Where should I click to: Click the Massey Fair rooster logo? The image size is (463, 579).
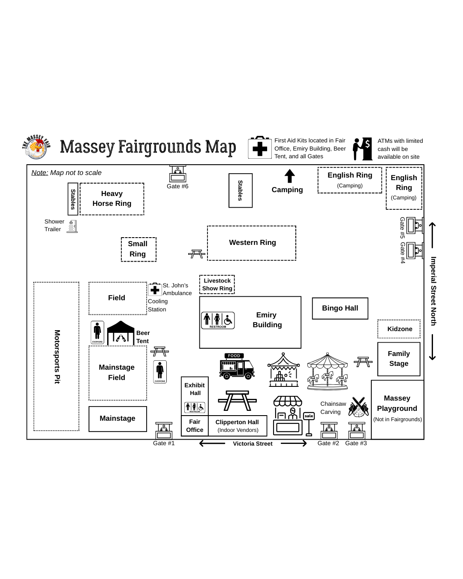[x=36, y=147]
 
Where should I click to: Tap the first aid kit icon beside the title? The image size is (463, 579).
[x=260, y=148]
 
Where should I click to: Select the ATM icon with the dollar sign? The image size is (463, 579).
[x=362, y=149]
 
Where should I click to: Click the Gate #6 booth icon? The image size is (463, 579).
[x=177, y=174]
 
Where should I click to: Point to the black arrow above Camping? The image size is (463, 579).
[x=290, y=176]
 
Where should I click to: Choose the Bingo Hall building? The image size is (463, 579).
[x=340, y=308]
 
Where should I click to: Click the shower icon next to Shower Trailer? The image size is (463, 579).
[x=72, y=226]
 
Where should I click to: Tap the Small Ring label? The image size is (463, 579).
[x=138, y=249]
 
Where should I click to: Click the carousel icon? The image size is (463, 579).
[x=328, y=371]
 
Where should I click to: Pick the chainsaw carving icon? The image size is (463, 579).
[x=358, y=407]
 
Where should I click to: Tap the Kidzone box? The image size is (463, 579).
[x=399, y=329]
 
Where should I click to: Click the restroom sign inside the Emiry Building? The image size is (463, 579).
[x=218, y=320]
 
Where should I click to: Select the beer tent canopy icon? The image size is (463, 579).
[x=120, y=333]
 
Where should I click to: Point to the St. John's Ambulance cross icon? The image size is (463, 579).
[x=155, y=289]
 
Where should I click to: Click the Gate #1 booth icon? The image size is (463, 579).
[x=164, y=430]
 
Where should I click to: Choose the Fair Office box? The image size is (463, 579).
[x=195, y=426]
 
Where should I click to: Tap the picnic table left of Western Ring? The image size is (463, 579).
[x=197, y=254]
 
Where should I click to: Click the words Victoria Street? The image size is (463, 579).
[x=253, y=443]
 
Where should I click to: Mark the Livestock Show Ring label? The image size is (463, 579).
[x=217, y=284]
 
